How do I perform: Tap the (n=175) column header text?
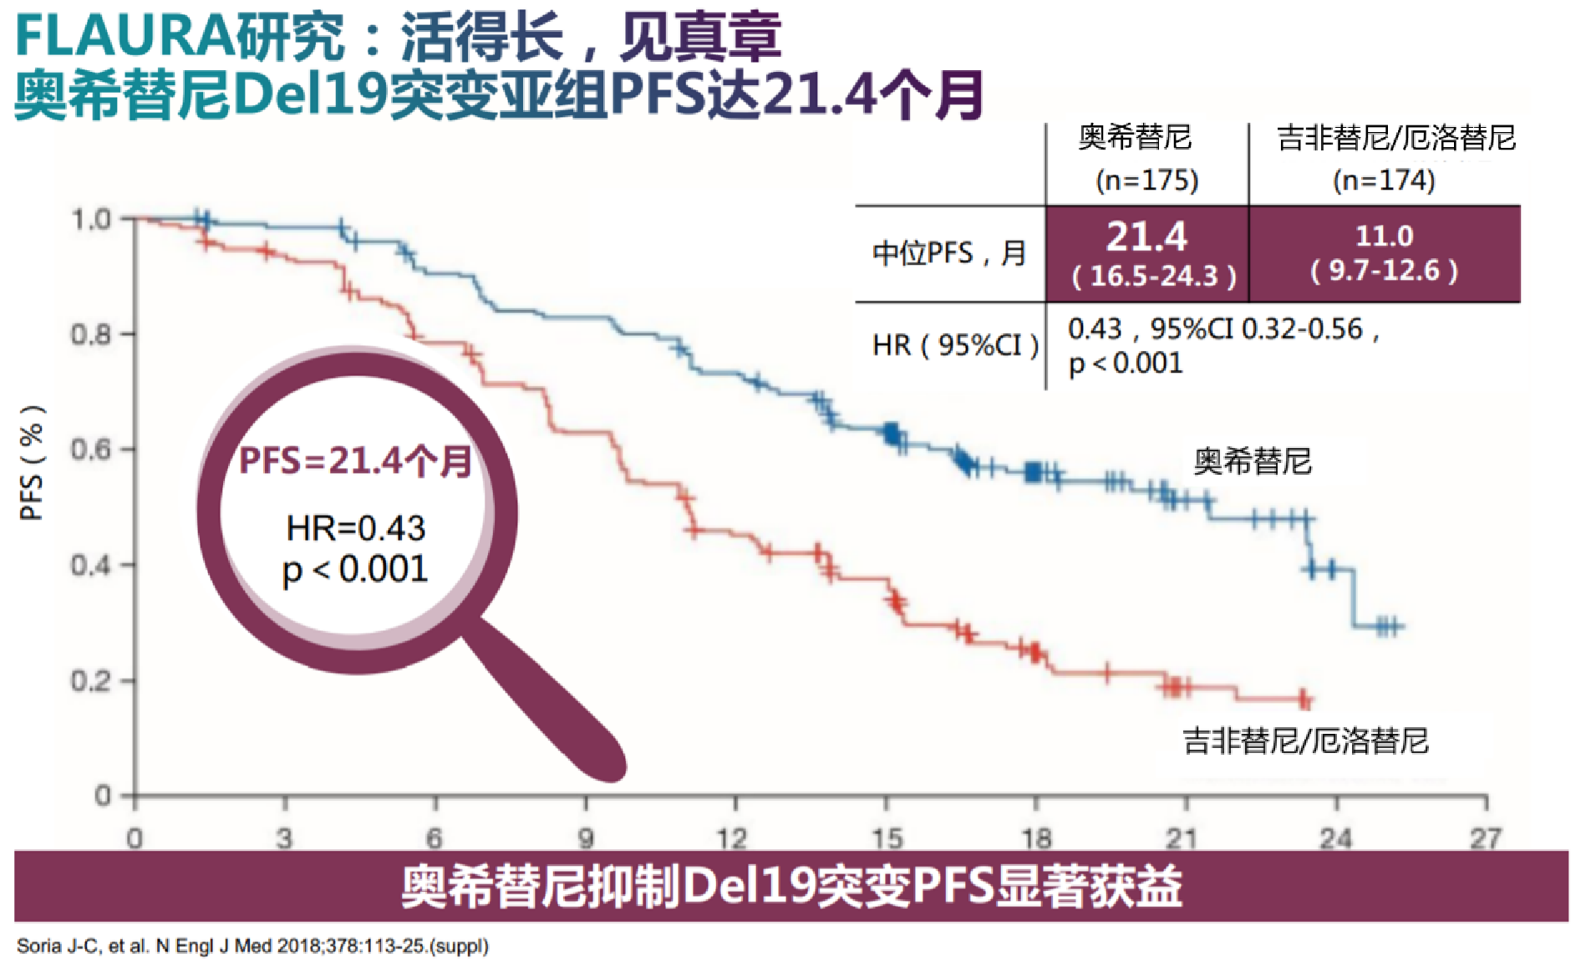tap(1146, 181)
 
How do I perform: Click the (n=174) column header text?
tap(1384, 181)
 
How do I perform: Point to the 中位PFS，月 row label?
tap(949, 253)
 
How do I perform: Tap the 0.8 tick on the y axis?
tap(90, 334)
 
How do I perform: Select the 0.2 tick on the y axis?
tap(90, 681)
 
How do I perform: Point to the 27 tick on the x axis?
tap(1486, 837)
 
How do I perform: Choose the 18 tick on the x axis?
tap(1036, 837)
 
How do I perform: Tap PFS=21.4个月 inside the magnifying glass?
tap(356, 461)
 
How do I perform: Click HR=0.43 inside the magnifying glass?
tap(356, 528)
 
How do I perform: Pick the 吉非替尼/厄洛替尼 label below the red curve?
tap(1305, 741)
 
